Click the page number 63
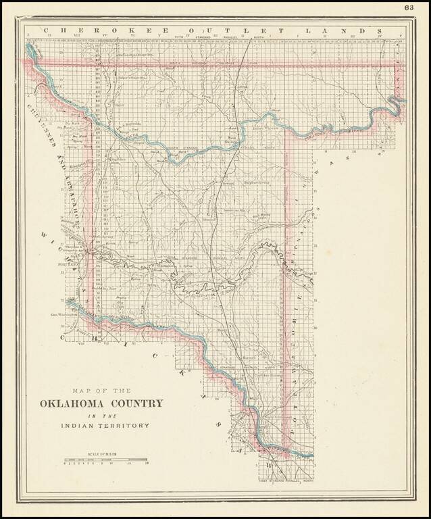click(409, 7)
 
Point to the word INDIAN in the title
click(76, 426)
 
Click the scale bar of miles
click(105, 460)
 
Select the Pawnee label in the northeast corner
click(397, 81)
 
